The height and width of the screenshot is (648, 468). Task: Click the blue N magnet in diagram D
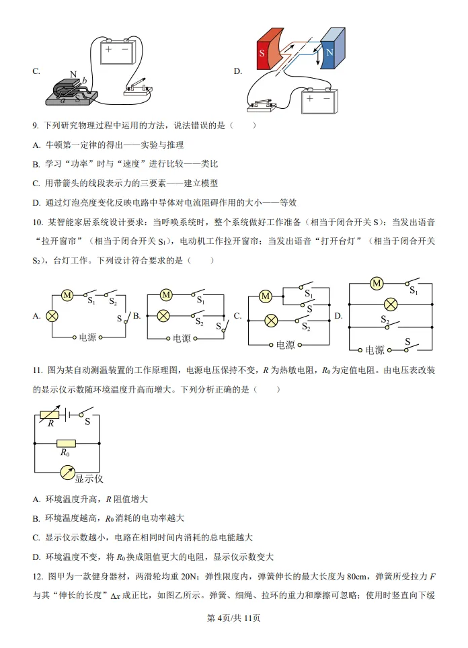(332, 51)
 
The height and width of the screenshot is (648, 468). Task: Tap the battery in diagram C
(117, 51)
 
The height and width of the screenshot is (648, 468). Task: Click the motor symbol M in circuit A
(67, 294)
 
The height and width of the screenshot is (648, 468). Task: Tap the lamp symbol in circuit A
(51, 315)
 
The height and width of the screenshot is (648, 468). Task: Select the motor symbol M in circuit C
(266, 296)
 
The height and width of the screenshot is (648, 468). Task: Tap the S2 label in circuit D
(385, 321)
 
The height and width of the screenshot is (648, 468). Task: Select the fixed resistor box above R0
(65, 443)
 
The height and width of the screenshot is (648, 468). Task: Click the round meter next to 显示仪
(67, 473)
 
